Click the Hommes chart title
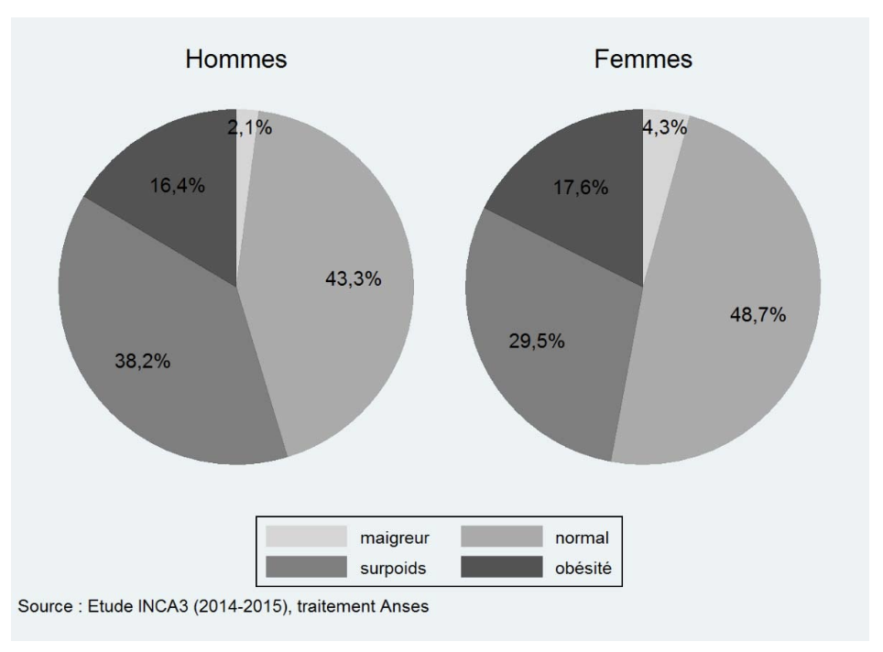(x=235, y=60)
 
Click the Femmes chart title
(x=642, y=60)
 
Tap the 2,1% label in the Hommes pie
(x=248, y=128)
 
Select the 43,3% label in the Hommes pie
(x=354, y=279)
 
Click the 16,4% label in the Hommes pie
(x=177, y=186)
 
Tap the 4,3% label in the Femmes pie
(x=664, y=128)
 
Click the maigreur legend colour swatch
(x=307, y=537)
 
